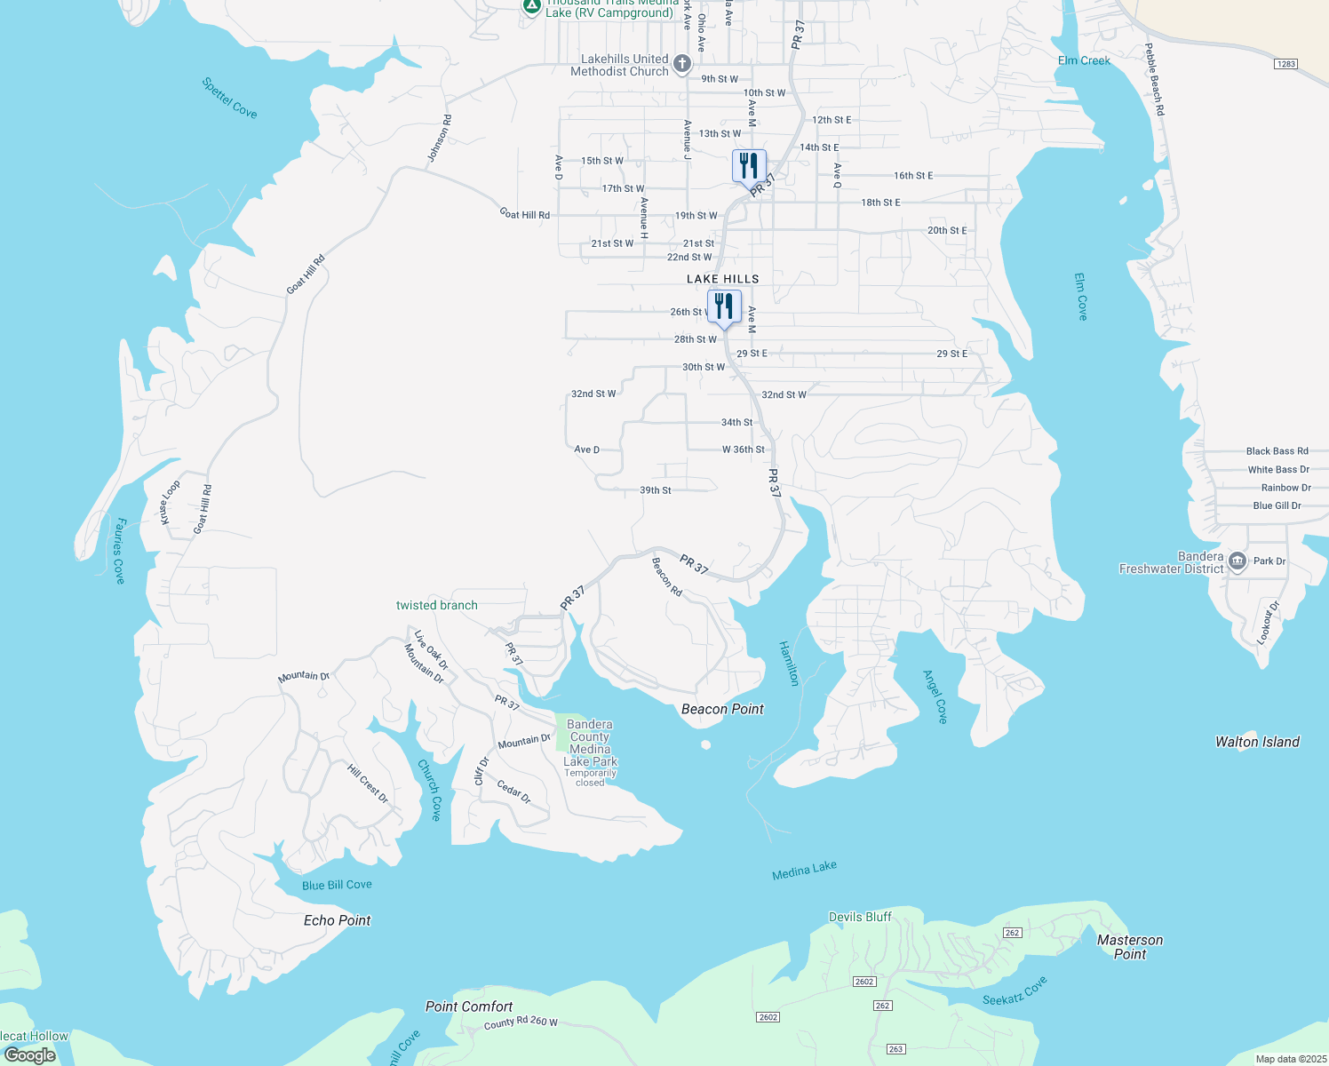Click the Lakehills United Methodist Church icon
pyautogui.click(x=681, y=64)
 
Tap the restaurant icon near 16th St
pyautogui.click(x=749, y=166)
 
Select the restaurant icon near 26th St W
pyautogui.click(x=724, y=306)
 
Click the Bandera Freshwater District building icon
pyautogui.click(x=1237, y=562)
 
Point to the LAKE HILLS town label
pyautogui.click(x=722, y=279)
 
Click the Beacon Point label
pyautogui.click(x=722, y=709)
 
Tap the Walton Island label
pyautogui.click(x=1257, y=742)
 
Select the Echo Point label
pyautogui.click(x=337, y=920)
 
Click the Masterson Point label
pyautogui.click(x=1129, y=947)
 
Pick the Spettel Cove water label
pyautogui.click(x=229, y=98)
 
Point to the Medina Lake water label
pyautogui.click(x=804, y=871)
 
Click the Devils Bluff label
pyautogui.click(x=860, y=917)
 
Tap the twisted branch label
pyautogui.click(x=436, y=605)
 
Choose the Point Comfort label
pyautogui.click(x=469, y=1006)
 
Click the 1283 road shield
pyautogui.click(x=1285, y=64)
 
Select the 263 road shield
pyautogui.click(x=895, y=1049)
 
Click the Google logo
pyautogui.click(x=30, y=1055)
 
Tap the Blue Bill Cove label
pyautogui.click(x=337, y=885)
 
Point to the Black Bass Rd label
pyautogui.click(x=1277, y=451)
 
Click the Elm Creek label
pyautogui.click(x=1084, y=60)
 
